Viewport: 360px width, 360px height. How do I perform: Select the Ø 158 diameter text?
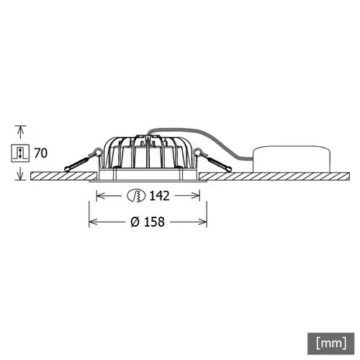(x=148, y=222)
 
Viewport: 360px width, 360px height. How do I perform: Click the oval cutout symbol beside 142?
(x=135, y=195)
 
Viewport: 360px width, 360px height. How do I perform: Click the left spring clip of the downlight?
(x=81, y=160)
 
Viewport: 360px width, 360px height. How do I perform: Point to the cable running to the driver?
(x=216, y=145)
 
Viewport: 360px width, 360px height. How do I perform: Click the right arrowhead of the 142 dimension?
(x=195, y=195)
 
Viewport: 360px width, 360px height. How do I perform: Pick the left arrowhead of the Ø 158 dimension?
(x=92, y=222)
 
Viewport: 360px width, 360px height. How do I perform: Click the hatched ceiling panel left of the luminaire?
(x=61, y=176)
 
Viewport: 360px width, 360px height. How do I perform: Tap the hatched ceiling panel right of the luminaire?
(x=274, y=176)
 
